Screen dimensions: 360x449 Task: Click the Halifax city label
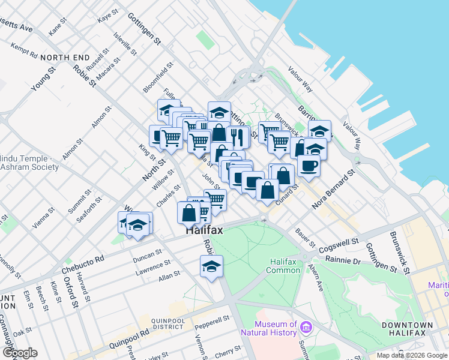204,230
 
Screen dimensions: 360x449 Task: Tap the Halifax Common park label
285,266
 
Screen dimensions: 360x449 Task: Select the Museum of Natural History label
268,328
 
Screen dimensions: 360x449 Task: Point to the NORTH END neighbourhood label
65,58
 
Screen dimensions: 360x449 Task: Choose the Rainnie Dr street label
343,260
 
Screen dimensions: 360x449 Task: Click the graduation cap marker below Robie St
211,266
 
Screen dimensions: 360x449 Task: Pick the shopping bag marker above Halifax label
188,212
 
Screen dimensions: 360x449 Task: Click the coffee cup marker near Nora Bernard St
309,166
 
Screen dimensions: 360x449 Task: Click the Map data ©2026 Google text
412,355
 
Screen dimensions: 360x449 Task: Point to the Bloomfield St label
158,77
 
